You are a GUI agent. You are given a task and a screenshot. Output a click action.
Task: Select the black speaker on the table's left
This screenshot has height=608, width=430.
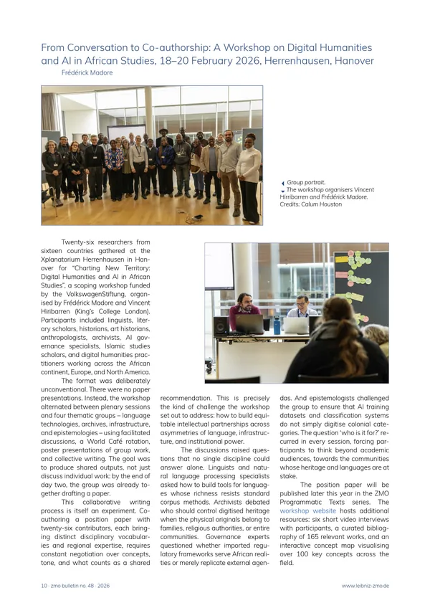coord(221,326)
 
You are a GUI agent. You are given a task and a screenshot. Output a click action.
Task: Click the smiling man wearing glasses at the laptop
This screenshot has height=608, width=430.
coord(302,307)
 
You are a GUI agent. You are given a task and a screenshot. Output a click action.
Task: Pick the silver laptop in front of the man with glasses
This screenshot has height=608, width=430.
coord(297,326)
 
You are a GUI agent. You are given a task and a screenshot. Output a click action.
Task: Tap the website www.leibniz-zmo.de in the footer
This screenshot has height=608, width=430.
coord(365,586)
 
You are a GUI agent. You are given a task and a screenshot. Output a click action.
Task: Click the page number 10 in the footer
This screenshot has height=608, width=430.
coord(44,586)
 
